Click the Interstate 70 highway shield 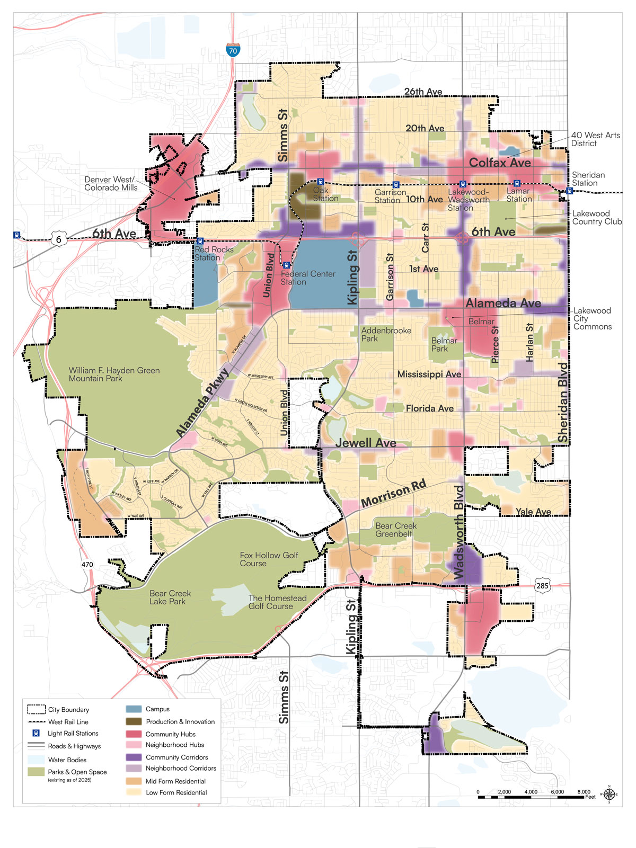pos(233,50)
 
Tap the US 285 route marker pos(542,585)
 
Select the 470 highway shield pos(87,564)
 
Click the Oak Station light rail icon pos(320,182)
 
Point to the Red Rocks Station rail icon pos(200,241)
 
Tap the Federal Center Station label pos(307,278)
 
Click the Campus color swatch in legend pos(134,709)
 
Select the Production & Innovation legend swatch pos(134,721)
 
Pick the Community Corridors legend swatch pos(134,757)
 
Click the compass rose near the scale pos(609,794)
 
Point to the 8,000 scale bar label pos(584,792)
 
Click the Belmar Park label pos(444,345)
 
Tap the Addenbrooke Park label pos(386,334)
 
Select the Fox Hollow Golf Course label pos(269,559)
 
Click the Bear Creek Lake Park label pos(170,597)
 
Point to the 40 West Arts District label pos(595,139)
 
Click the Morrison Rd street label pos(393,494)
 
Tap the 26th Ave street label pos(423,92)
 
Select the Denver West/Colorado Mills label pos(110,184)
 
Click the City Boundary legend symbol pos(36,709)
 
